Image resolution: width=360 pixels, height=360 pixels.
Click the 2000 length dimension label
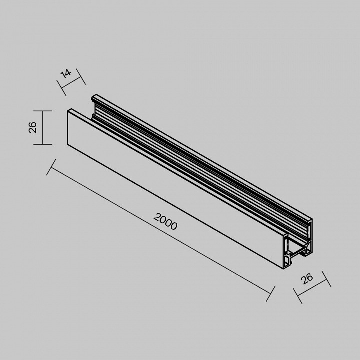tap(166, 221)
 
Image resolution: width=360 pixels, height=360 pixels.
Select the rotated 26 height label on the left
tap(33, 128)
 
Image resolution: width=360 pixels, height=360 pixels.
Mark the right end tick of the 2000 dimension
tap(270, 294)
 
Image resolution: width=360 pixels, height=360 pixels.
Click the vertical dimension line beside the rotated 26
tap(43, 128)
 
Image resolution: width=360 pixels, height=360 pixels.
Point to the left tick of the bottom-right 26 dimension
tap(300, 296)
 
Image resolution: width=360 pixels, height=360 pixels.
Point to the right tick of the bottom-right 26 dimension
tap(326, 279)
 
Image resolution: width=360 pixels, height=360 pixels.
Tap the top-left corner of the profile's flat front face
tap(68, 111)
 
